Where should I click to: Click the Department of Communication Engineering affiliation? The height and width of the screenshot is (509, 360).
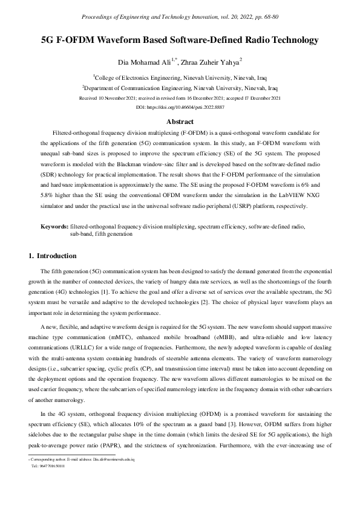pyautogui.click(x=179, y=88)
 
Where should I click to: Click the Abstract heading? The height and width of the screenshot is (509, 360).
pyautogui.click(x=180, y=122)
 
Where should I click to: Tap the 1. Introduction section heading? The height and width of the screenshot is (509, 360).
pyautogui.click(x=53, y=256)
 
